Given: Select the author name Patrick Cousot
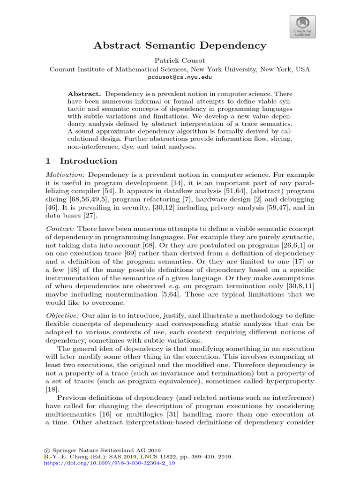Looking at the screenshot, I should tap(180, 60).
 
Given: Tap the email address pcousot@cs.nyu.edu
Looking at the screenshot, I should tap(180, 77).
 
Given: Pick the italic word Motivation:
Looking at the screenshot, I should tap(66, 174).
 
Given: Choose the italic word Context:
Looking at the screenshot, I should tap(60, 228).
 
